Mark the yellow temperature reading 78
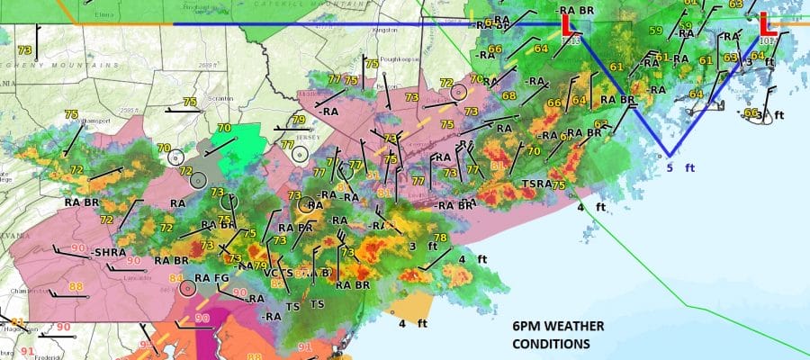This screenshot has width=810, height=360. (440, 238)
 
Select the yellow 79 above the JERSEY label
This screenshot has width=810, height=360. (299, 120)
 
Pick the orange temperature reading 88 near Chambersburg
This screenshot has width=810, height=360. (76, 287)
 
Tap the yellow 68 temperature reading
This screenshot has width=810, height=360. (509, 96)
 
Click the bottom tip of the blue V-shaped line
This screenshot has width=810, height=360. (668, 155)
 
